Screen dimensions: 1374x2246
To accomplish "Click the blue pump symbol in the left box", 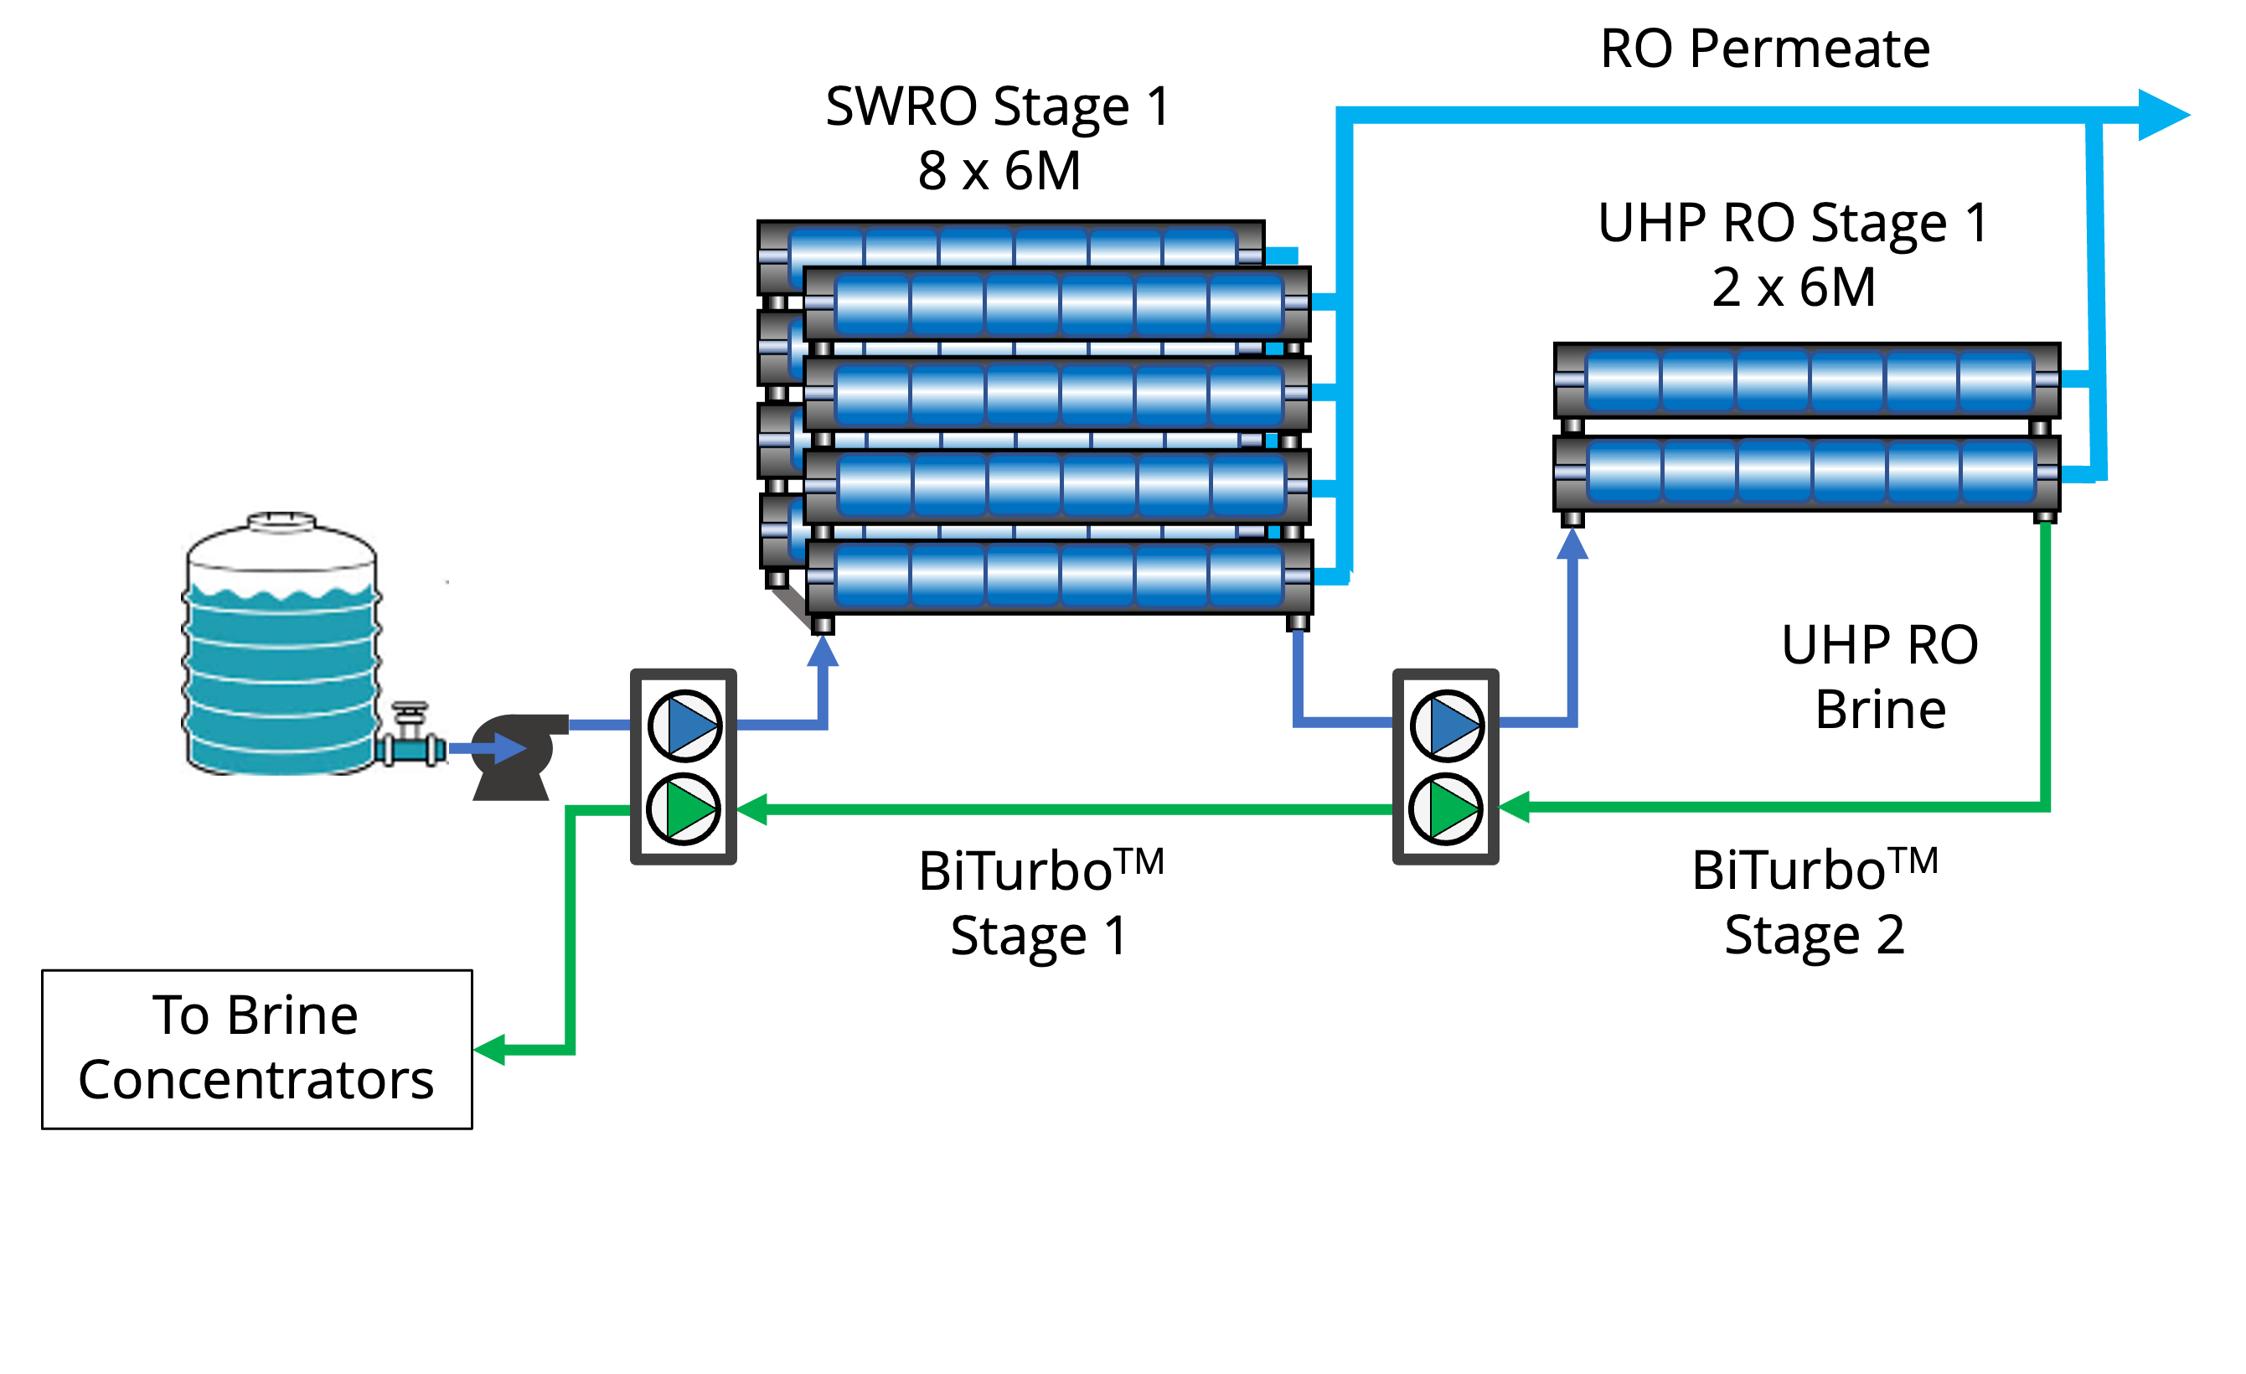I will (x=684, y=726).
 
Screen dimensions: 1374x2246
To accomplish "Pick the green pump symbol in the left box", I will (x=684, y=808).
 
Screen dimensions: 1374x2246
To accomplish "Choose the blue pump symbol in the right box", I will (x=1447, y=726).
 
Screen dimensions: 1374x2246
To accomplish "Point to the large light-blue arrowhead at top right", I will (x=2162, y=115).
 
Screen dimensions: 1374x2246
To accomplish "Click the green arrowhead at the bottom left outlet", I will (x=490, y=1050).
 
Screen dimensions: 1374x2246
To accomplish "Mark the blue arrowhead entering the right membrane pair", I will (x=1572, y=544).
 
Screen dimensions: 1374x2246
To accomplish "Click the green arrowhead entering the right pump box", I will (x=1514, y=808).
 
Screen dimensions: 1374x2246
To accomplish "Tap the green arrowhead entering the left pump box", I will (x=752, y=809).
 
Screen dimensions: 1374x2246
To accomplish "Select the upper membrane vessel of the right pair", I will (x=1807, y=380).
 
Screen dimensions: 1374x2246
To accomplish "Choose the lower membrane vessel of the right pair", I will (x=1807, y=472).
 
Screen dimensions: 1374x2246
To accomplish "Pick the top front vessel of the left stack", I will (x=1057, y=303).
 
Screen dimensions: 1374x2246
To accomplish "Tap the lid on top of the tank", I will (x=281, y=519).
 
